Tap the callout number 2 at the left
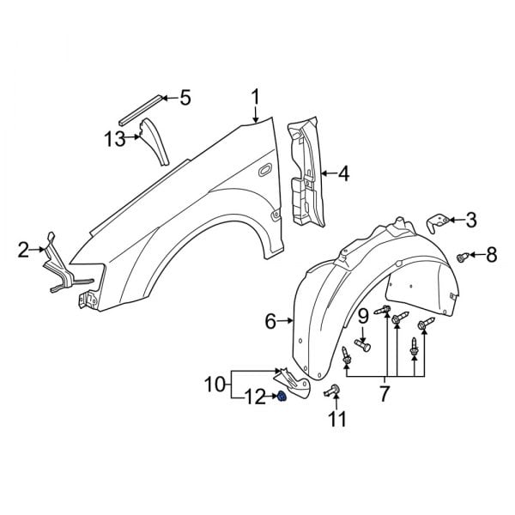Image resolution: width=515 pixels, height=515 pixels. [x=23, y=251]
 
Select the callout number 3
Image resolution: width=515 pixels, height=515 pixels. [x=470, y=220]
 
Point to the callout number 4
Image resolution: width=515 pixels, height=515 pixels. [x=343, y=175]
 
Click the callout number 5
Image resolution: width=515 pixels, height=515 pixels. [x=185, y=98]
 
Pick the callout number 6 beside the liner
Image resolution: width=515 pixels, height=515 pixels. [x=270, y=322]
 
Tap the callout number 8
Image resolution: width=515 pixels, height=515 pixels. [x=491, y=254]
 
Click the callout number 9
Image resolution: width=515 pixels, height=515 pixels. [x=363, y=317]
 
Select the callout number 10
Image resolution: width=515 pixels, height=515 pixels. [x=214, y=382]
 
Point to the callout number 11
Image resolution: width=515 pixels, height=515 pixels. [x=336, y=420]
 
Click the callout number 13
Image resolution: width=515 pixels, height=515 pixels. [x=116, y=138]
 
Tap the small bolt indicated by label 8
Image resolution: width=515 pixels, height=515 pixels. [x=463, y=256]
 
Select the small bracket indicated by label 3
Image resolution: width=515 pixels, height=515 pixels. [x=439, y=224]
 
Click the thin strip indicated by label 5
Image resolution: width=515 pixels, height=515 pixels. [x=138, y=109]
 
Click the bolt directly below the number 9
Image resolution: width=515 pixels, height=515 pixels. [x=362, y=346]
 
